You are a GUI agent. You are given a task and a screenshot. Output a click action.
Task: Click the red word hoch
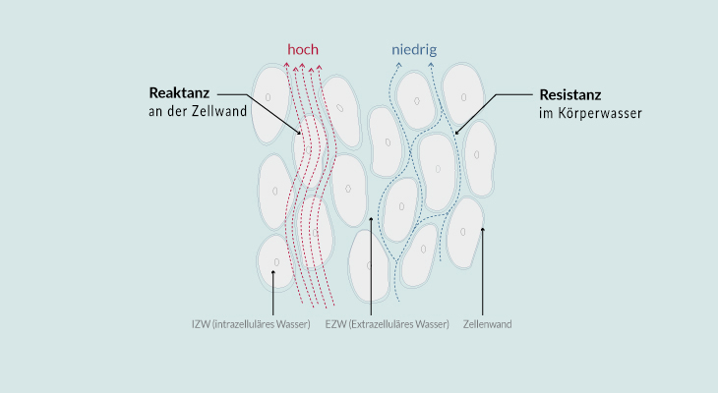303,49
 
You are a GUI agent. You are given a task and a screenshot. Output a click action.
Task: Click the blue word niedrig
414,49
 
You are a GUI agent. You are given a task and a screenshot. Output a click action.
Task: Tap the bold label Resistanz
570,95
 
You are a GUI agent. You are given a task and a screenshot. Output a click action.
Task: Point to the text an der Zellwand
198,111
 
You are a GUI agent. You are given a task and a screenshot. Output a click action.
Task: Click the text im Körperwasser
590,113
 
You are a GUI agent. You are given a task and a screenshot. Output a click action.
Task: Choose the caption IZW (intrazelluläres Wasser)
251,324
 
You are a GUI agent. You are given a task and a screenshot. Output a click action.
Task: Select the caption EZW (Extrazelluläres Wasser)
387,324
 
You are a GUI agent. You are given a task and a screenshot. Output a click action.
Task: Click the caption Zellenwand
487,324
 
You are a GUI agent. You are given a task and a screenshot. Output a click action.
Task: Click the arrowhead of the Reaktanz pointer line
299,134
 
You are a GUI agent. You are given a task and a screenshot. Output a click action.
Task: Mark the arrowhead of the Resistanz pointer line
456,133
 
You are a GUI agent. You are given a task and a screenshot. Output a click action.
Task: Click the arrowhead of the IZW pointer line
272,272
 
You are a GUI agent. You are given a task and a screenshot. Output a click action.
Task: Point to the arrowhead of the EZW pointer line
371,220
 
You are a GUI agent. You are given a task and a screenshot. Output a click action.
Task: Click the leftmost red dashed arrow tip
286,64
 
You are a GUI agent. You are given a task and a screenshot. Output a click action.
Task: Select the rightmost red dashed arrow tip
319,67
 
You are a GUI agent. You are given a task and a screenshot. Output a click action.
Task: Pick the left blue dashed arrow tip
398,65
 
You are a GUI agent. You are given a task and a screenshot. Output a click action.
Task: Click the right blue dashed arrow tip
431,65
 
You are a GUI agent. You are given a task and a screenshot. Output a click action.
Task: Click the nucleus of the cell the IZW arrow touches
276,262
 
